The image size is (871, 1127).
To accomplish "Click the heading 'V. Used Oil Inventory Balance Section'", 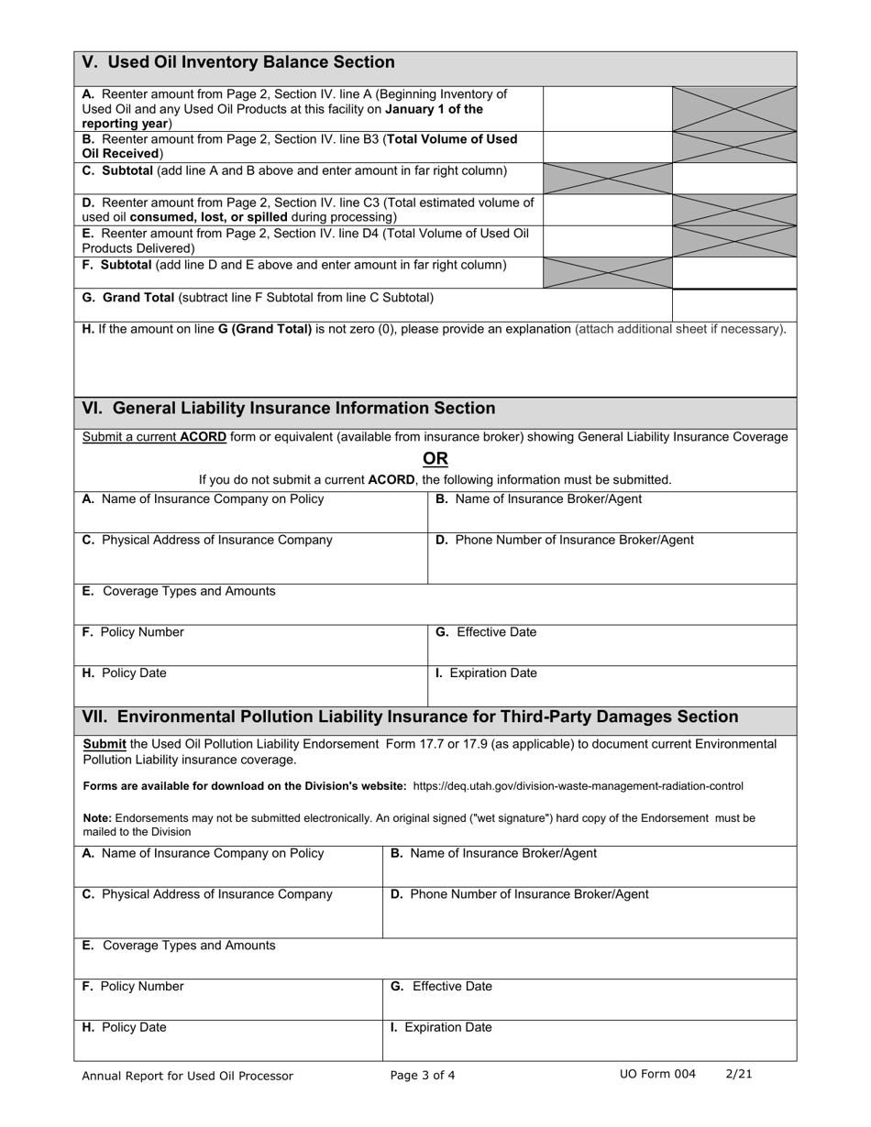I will [238, 62].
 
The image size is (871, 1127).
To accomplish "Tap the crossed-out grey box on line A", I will [733, 108].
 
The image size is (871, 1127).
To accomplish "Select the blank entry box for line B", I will [607, 147].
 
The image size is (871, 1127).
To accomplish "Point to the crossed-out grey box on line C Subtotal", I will [607, 178].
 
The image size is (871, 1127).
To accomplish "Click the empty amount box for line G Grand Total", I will [733, 303].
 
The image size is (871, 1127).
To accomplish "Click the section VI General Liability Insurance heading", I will [289, 409].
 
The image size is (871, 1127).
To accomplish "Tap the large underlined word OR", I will [435, 458].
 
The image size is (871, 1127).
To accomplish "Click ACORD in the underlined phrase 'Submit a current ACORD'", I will [203, 437].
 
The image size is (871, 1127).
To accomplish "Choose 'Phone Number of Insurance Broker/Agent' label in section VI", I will [573, 540].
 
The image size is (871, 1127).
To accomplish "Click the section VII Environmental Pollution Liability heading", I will [410, 717].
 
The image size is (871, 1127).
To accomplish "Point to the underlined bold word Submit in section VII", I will [105, 744].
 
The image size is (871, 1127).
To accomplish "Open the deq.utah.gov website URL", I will [578, 786].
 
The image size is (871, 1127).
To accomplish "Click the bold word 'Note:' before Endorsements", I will [97, 818].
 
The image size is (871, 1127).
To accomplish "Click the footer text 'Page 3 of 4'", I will [422, 1076].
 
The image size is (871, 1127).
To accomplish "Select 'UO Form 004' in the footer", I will [657, 1074].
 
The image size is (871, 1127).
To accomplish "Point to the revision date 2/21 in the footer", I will [739, 1074].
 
